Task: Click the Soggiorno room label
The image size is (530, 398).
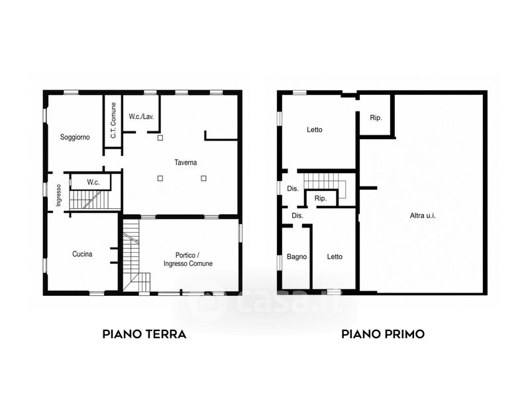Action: tap(75, 137)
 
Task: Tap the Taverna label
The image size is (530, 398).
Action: tap(185, 163)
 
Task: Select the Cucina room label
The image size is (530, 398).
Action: tap(82, 254)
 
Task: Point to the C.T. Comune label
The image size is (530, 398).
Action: tap(113, 120)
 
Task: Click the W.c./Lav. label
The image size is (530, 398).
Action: tap(141, 117)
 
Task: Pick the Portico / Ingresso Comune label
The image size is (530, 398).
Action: tap(188, 259)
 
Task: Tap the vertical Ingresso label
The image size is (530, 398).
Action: tap(58, 195)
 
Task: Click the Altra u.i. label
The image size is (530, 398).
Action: tap(423, 215)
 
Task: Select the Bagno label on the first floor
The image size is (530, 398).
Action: tap(297, 257)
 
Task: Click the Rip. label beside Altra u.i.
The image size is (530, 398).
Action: tap(376, 118)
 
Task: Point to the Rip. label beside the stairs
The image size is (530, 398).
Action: tap(321, 198)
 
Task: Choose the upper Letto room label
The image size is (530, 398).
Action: tap(314, 129)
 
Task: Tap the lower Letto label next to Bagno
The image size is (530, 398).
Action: tap(335, 257)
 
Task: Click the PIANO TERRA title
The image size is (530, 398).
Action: tap(144, 334)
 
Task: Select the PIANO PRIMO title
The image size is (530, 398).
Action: tap(383, 334)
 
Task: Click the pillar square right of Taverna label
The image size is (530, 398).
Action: tap(203, 178)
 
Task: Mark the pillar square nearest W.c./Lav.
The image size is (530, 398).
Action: tap(160, 138)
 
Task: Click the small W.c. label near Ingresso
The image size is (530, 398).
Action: tap(93, 182)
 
